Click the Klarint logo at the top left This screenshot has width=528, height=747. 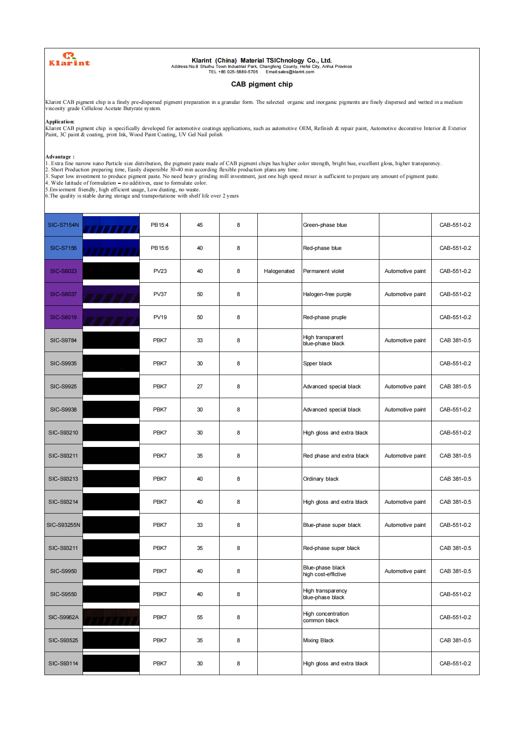tap(69, 59)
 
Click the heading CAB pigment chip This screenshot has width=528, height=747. tap(262, 84)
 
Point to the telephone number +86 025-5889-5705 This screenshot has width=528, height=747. tap(233, 72)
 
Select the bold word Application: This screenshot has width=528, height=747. tap(60, 122)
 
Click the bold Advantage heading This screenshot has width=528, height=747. tap(60, 157)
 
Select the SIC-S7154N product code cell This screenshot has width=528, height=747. tap(63, 225)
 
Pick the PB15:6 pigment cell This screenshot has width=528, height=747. tap(160, 248)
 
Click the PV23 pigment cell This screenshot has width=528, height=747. tap(160, 271)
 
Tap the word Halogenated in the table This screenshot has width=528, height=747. tap(279, 271)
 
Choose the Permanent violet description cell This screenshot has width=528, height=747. tap(323, 271)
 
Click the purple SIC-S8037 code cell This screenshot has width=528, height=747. tap(63, 294)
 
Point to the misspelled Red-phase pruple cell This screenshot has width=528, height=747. tap(325, 317)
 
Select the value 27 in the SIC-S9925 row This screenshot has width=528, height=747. tap(200, 387)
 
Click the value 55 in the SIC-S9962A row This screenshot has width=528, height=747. tap(200, 617)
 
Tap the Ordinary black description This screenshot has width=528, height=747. tap(321, 479)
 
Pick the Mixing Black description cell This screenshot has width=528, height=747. tap(319, 640)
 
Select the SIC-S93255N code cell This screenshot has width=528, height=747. tap(63, 525)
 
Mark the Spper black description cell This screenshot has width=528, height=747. tap(318, 364)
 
